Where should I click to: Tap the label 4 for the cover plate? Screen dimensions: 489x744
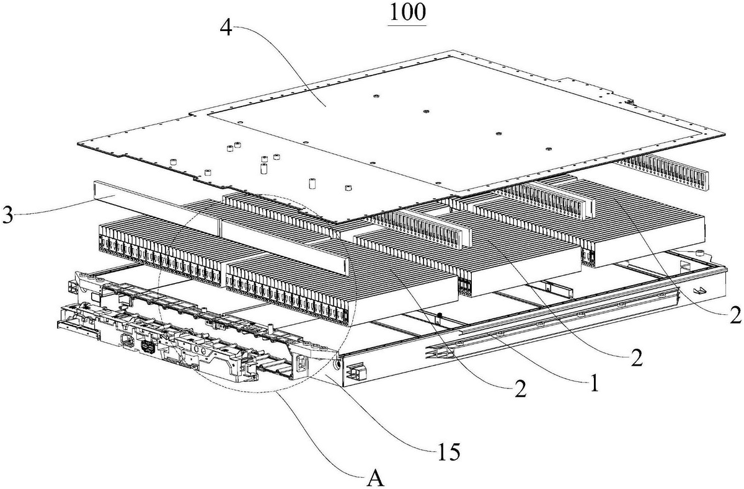pos(229,29)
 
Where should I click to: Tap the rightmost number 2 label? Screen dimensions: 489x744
pos(735,315)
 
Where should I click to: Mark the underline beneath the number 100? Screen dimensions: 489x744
pos(407,25)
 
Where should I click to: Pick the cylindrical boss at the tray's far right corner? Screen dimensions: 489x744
pos(700,253)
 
